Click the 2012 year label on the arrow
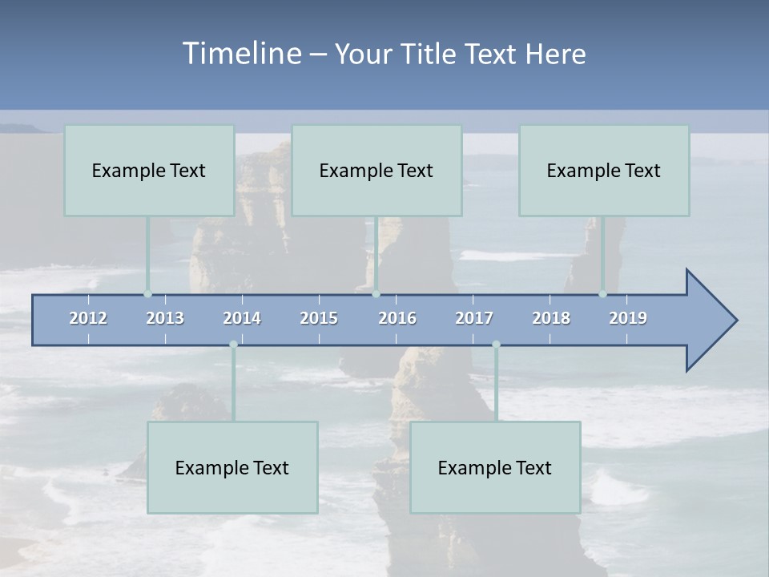[88, 318]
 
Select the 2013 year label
[165, 318]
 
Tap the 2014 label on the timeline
[242, 318]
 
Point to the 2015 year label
[319, 318]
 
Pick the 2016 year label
[397, 318]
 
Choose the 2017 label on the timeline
[474, 318]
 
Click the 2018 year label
[551, 318]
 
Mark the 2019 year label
[628, 318]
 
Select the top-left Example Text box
[149, 170]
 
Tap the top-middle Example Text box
[376, 170]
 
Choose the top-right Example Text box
[604, 170]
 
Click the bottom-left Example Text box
[232, 467]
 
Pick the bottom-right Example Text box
[495, 467]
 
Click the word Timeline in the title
[240, 54]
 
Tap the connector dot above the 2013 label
[147, 293]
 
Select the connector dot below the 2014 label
[233, 345]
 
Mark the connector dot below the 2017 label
[496, 345]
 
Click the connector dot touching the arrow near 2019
[602, 293]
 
